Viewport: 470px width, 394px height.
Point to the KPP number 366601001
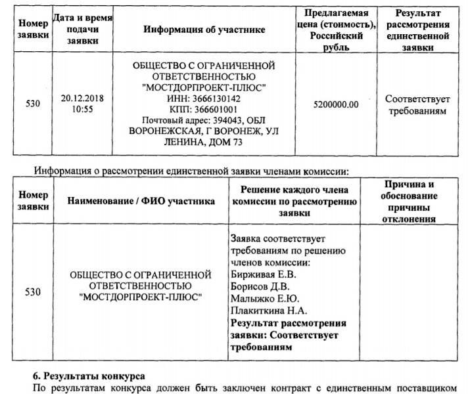(215, 110)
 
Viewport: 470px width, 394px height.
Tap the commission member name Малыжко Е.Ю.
(263, 298)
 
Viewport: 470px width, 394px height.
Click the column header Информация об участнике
(204, 30)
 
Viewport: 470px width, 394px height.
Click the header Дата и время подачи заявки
(83, 30)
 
